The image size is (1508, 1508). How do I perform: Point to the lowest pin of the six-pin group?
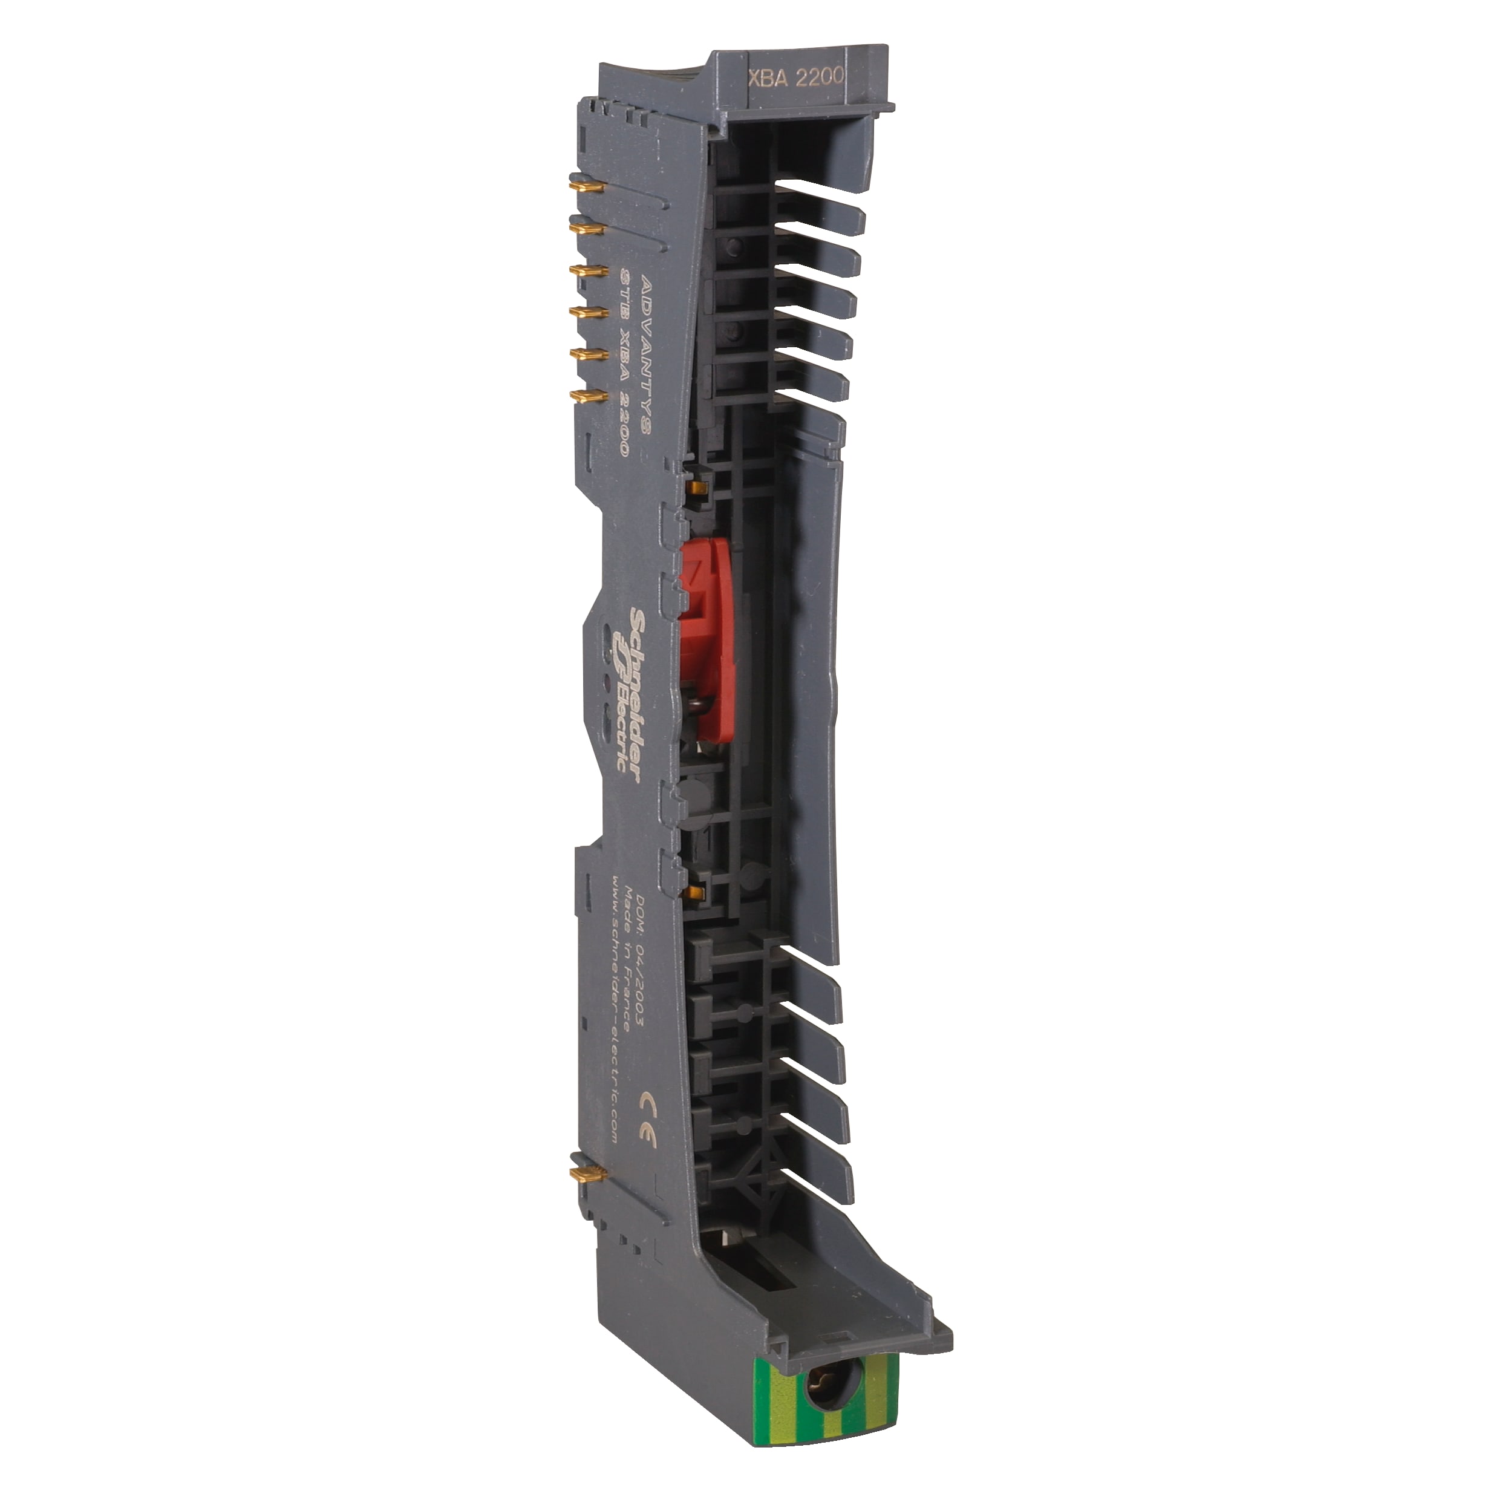tap(586, 397)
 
